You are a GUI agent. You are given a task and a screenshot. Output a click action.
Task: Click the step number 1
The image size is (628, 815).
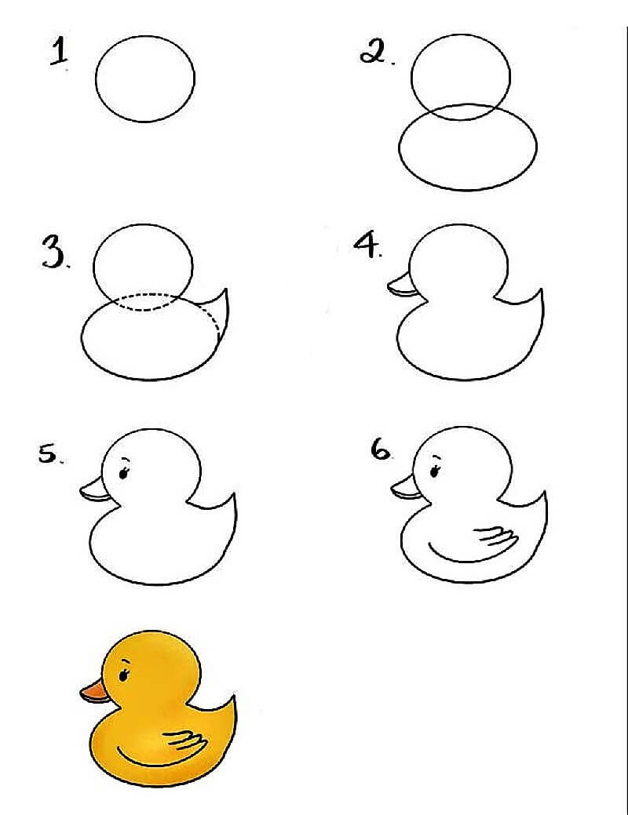59,52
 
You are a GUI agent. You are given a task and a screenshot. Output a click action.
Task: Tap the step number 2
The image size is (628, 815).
374,52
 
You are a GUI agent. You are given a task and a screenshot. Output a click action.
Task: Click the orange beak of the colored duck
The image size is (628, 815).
93,691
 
